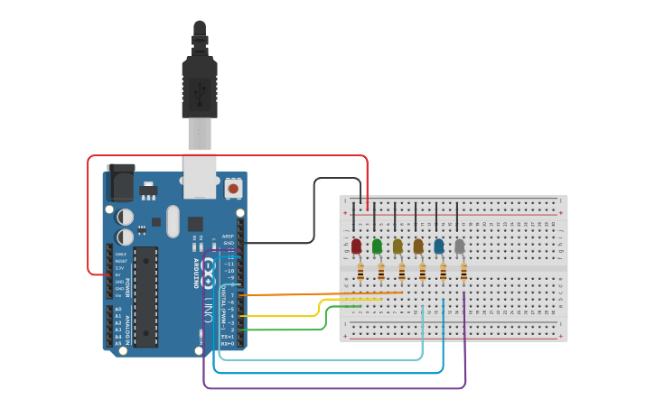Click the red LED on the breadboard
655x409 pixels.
pyautogui.click(x=356, y=246)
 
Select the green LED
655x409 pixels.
pyautogui.click(x=377, y=246)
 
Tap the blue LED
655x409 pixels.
pyautogui.click(x=439, y=246)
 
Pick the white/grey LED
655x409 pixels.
pyautogui.click(x=460, y=246)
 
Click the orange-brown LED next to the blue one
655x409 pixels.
pyautogui.click(x=418, y=246)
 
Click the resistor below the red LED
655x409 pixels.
pyautogui.click(x=361, y=271)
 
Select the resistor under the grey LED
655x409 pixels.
pyautogui.click(x=464, y=271)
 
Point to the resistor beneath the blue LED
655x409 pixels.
pyautogui.click(x=444, y=271)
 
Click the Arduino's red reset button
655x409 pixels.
pyautogui.click(x=234, y=189)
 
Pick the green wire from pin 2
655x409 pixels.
pyautogui.click(x=298, y=330)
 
